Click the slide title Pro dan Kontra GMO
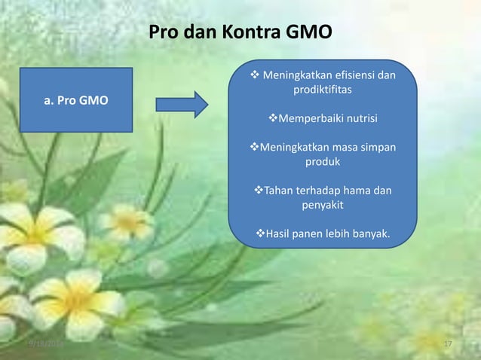(x=239, y=33)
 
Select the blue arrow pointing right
(x=182, y=104)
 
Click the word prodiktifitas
(x=322, y=90)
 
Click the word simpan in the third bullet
(x=377, y=147)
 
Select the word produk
(x=322, y=161)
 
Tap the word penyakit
(x=323, y=204)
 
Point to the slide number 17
(x=448, y=344)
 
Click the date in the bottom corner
(x=44, y=344)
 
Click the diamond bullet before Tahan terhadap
(x=258, y=190)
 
